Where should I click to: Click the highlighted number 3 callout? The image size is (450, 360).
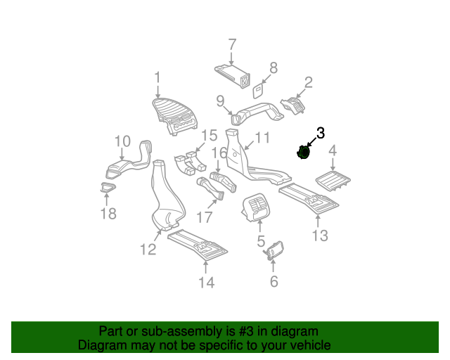(x=321, y=132)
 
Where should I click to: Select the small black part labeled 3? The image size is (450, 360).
(x=303, y=152)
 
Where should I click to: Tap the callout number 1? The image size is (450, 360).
(x=157, y=77)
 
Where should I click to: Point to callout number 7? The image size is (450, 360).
(x=231, y=45)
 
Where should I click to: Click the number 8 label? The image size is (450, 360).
(x=273, y=67)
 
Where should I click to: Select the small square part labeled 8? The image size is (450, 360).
(x=257, y=89)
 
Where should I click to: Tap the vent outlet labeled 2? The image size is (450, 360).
(x=294, y=107)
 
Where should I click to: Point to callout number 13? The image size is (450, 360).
(x=320, y=235)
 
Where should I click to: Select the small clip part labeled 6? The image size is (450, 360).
(x=274, y=250)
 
